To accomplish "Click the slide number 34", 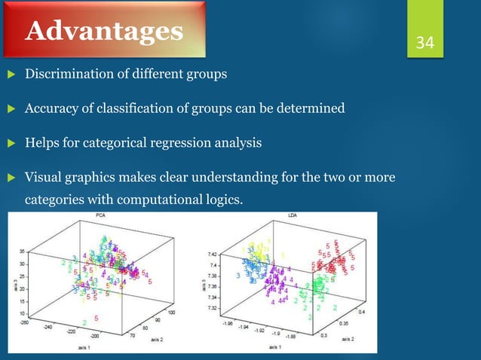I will pyautogui.click(x=425, y=42).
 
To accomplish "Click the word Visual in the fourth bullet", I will pyautogui.click(x=44, y=178).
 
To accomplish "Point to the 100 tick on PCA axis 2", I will pyautogui.click(x=172, y=312).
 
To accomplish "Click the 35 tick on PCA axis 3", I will pyautogui.click(x=23, y=252).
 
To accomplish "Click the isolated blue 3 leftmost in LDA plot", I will pyautogui.click(x=238, y=276).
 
